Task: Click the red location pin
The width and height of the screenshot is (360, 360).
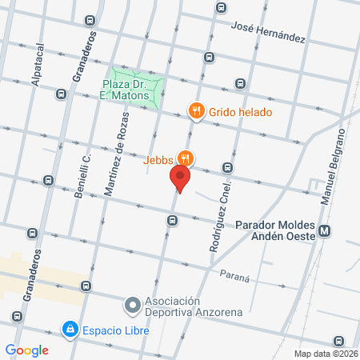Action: click(x=180, y=178)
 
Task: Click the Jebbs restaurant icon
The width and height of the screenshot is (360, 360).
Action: click(x=186, y=158)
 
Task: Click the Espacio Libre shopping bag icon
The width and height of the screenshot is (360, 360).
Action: click(x=70, y=329)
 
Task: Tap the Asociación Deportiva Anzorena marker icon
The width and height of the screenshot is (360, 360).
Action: click(x=132, y=305)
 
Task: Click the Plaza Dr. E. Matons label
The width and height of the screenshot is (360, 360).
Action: click(x=126, y=89)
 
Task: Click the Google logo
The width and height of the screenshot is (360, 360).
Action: click(x=27, y=350)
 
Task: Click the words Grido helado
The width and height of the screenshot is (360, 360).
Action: click(x=241, y=112)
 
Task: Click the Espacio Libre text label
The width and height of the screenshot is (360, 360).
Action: click(x=114, y=329)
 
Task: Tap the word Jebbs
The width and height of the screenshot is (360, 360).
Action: click(x=158, y=158)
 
